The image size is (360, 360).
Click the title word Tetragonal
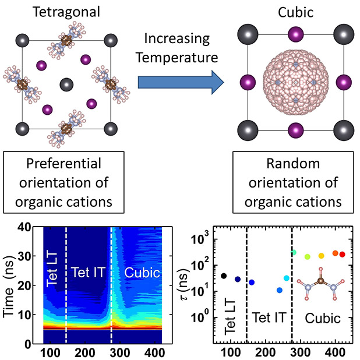point(65,13)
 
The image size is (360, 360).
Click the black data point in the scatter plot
point(224,276)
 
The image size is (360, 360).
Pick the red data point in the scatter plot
point(343,255)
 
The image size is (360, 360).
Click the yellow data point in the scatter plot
point(322,256)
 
